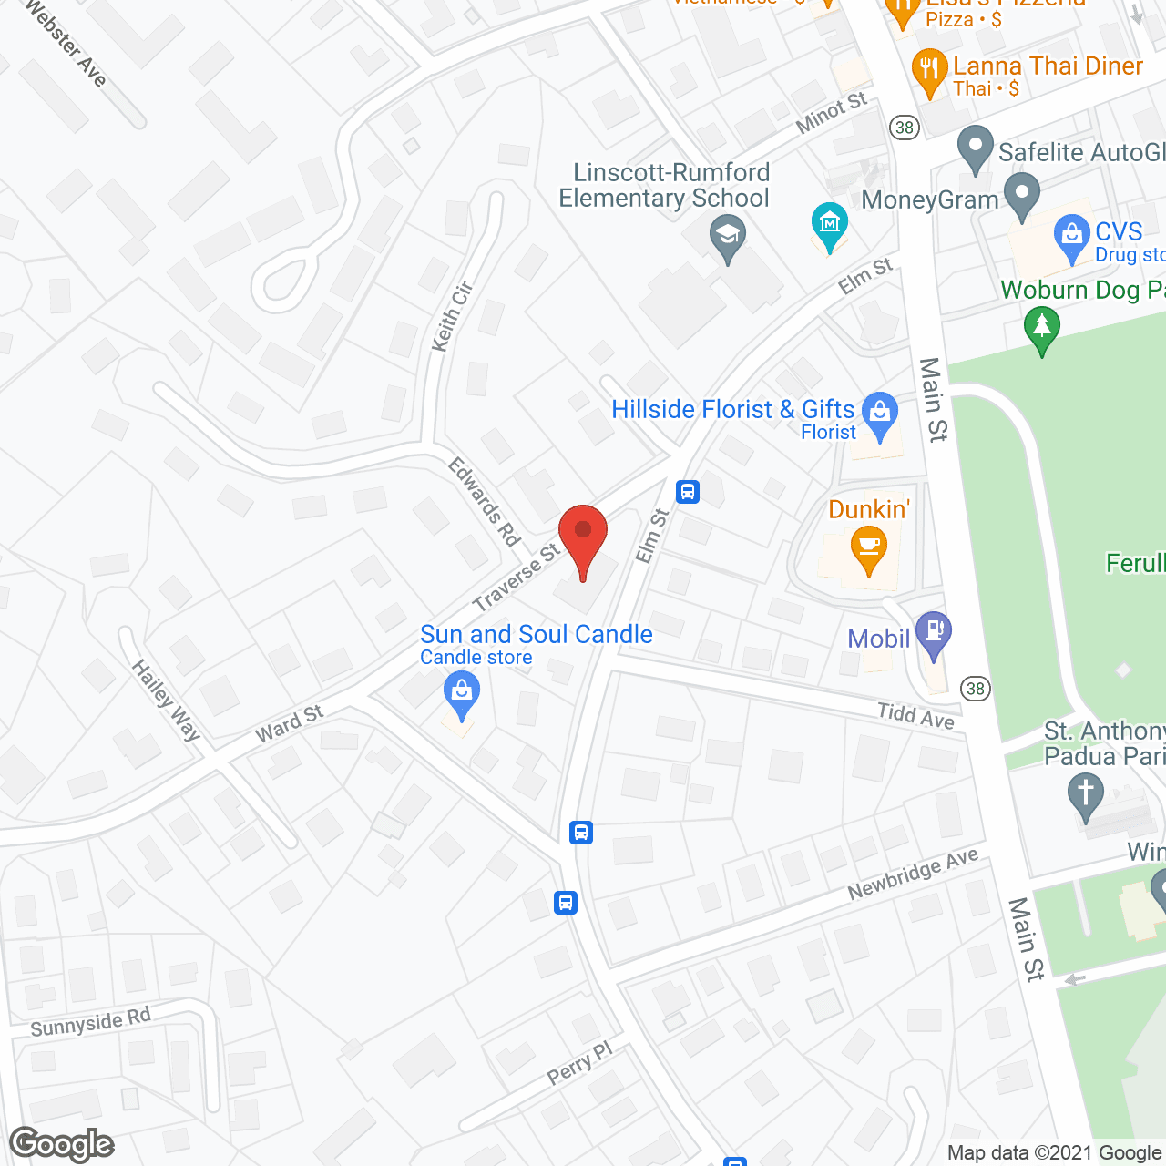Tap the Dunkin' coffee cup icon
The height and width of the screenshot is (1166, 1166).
pos(869,549)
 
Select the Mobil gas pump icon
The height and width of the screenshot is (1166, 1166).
pos(934,632)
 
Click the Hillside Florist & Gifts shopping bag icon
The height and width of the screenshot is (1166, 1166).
pos(880,414)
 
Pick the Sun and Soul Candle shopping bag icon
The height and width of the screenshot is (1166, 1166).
pos(462,693)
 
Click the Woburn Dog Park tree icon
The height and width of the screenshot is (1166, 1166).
pos(1041,328)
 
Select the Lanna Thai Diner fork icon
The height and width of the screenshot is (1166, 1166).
pos(929,71)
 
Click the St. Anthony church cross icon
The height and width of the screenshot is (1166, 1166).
pos(1085,793)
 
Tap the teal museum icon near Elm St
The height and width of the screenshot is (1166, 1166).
pos(829,224)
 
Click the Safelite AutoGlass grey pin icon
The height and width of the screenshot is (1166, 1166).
pos(976,148)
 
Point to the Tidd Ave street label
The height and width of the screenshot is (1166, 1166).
pos(915,716)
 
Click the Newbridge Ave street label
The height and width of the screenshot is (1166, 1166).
pos(913,873)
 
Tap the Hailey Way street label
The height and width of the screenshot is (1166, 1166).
pos(166,700)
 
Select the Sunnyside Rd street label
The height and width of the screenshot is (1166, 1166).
pos(90,1022)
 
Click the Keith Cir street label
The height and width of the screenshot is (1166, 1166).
pos(452,317)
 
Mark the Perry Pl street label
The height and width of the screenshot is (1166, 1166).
pos(579,1063)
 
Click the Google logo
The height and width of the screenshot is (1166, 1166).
pos(62,1144)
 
